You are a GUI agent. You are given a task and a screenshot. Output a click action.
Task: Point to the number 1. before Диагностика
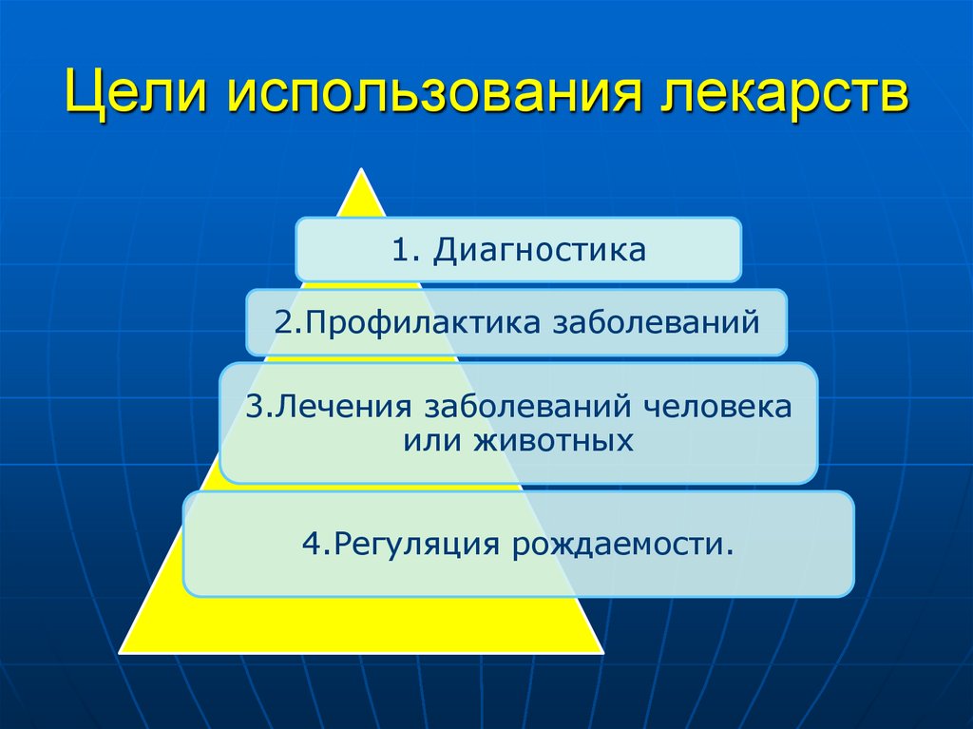click(406, 251)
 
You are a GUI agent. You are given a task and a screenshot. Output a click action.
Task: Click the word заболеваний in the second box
click(655, 324)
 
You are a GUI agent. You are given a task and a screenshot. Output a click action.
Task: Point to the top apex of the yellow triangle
click(360, 170)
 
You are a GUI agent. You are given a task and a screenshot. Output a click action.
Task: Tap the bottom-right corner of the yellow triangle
click(601, 652)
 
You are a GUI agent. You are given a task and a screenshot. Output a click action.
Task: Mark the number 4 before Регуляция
click(309, 545)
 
